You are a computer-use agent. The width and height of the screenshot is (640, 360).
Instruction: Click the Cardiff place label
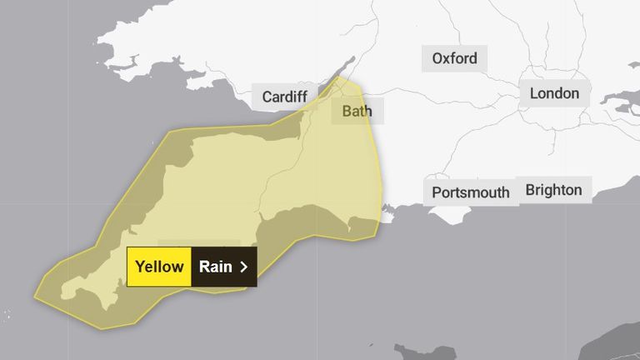pos(285,97)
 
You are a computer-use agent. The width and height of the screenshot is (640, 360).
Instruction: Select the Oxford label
pos(454,58)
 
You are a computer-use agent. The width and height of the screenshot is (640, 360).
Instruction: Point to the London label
pos(554,93)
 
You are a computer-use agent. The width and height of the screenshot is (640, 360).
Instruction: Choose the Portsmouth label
pos(471,192)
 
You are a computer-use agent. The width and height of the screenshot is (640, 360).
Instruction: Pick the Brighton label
pos(553,190)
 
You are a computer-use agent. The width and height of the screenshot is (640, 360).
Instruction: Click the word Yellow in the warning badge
pos(159,267)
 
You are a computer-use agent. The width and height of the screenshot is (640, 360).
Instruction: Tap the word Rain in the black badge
pos(215,267)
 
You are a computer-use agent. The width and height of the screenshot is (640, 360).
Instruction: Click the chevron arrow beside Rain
pos(243,267)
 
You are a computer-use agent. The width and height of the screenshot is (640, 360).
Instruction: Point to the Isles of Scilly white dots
pos(7,315)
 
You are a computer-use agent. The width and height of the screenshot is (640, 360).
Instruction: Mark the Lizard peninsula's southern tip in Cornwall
pos(107,307)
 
